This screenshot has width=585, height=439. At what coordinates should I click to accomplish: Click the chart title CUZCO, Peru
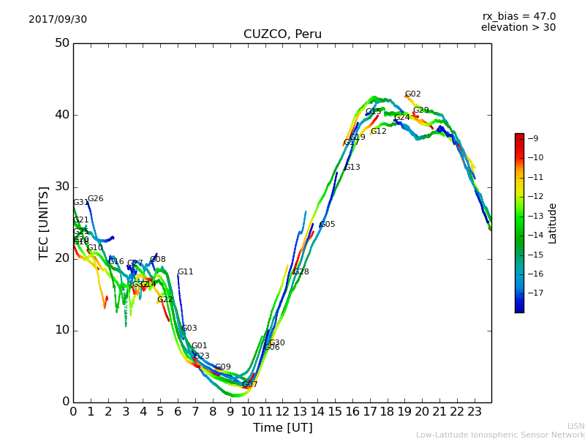(282, 34)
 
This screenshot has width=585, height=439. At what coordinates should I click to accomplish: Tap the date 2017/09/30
(58, 19)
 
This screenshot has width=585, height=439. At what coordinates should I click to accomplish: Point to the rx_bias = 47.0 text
(518, 16)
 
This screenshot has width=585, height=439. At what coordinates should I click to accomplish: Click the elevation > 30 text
(518, 28)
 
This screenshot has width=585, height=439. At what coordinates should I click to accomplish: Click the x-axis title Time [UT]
(282, 427)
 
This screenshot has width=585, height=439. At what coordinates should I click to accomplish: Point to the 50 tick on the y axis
(61, 43)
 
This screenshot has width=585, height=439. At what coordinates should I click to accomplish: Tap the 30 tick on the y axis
(61, 187)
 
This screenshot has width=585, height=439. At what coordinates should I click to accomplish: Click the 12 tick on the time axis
(282, 411)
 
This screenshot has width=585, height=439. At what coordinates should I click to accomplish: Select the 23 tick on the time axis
(474, 411)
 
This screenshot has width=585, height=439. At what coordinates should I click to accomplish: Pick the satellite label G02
(412, 94)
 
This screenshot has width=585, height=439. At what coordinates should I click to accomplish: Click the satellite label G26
(95, 199)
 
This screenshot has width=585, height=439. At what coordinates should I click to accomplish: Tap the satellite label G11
(185, 272)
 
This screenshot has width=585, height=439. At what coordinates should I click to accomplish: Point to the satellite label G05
(327, 225)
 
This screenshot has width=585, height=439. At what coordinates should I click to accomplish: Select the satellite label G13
(352, 168)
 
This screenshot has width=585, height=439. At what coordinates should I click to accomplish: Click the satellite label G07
(249, 385)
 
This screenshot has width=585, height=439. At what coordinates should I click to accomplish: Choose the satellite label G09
(222, 367)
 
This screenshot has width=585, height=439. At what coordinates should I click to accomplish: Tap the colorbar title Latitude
(552, 222)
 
